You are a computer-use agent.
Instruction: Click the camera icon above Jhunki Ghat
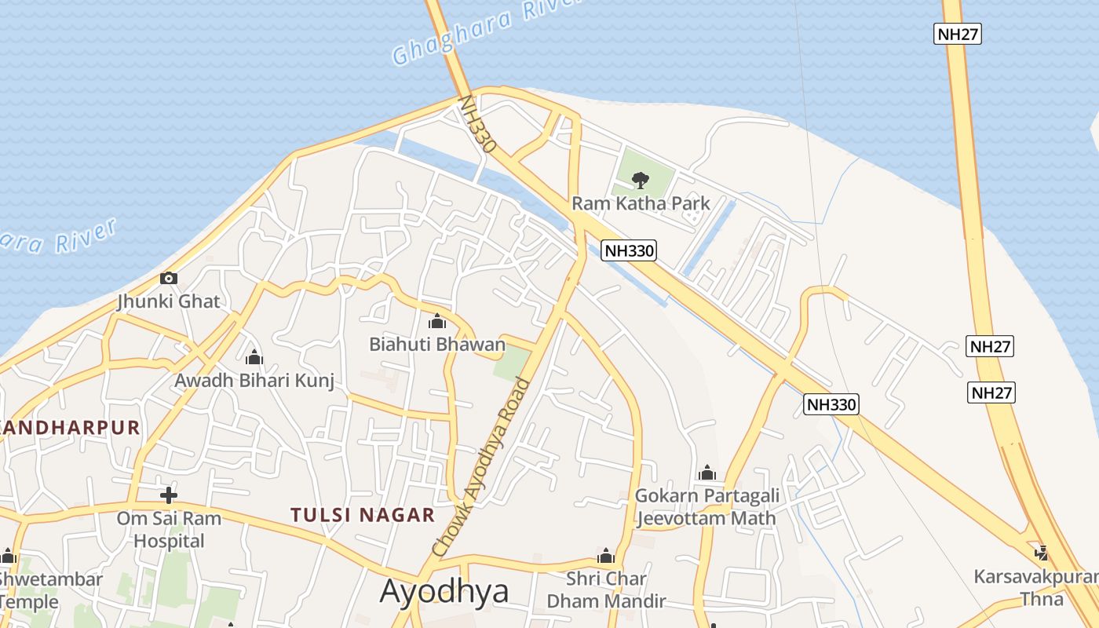168,278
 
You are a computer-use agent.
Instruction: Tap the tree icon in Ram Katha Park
641,180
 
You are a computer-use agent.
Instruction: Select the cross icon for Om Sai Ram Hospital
168,495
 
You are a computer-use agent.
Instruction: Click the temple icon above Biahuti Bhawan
437,321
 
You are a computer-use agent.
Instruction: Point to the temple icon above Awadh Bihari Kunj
254,358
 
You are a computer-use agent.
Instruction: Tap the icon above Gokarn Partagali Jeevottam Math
706,473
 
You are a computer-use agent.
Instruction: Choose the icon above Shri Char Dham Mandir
605,557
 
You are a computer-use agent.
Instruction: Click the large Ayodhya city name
444,591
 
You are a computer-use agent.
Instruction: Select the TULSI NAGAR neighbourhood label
362,515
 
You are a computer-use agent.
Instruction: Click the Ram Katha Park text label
641,203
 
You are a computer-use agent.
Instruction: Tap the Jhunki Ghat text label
169,301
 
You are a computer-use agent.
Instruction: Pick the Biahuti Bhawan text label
437,344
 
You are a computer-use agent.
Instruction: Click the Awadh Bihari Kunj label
254,381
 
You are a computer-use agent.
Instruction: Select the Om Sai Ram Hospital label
169,529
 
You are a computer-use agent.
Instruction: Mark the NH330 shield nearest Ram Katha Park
629,250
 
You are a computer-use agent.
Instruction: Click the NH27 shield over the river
958,34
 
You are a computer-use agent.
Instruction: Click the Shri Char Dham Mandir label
606,590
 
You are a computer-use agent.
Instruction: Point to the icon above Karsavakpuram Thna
1042,553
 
